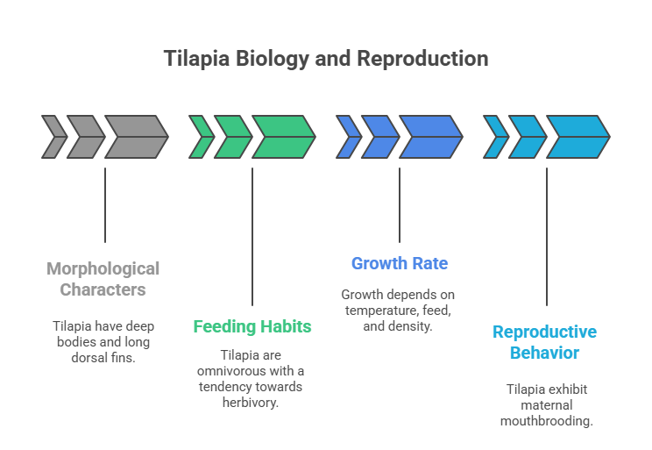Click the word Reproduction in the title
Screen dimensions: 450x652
[433, 59]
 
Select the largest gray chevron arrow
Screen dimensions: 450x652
[137, 137]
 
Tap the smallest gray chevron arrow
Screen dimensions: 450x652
[53, 137]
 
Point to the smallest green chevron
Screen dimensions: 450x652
[201, 137]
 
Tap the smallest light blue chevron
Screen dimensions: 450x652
[495, 137]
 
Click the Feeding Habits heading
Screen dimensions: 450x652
[252, 327]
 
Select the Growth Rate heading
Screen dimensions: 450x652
[400, 263]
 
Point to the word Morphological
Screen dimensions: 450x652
[103, 268]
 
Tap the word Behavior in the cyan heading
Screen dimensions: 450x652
[546, 353]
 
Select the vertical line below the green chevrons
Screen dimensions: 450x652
[252, 237]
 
